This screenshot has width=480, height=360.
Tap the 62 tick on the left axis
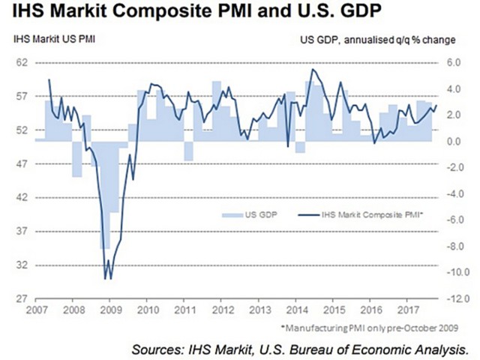tap(23, 63)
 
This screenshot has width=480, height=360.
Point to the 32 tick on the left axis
tap(23, 265)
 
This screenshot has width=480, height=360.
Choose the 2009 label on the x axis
tap(111, 310)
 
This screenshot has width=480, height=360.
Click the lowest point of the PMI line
tap(105, 278)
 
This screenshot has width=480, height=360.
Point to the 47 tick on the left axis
tap(23, 164)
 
